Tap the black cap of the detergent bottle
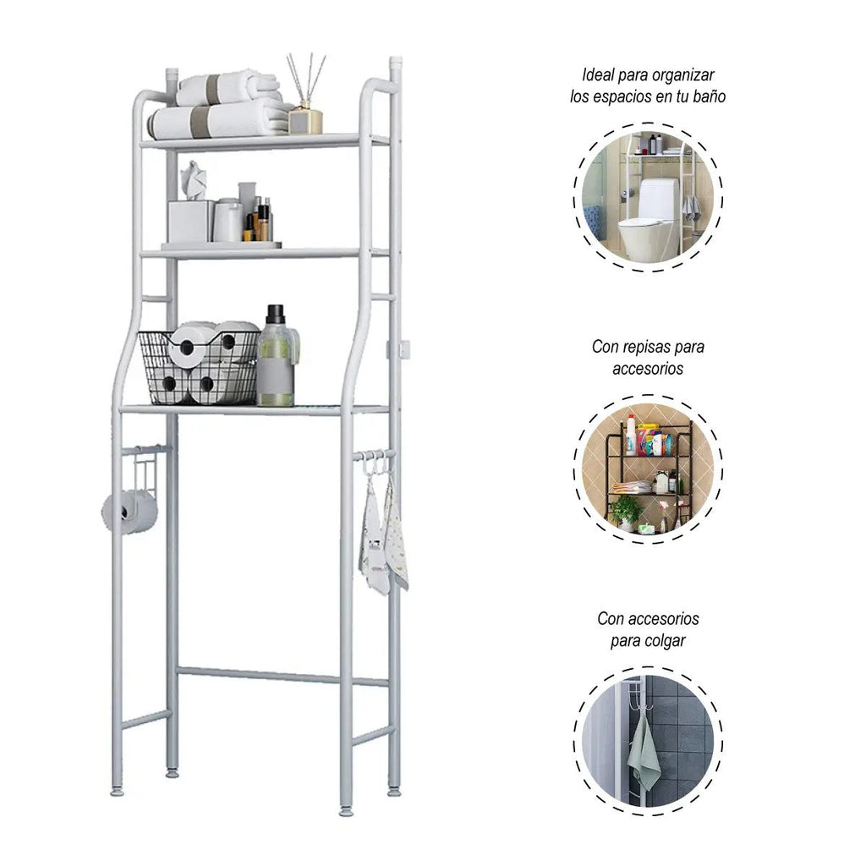pos(275,315)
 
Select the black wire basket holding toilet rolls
pos(199,367)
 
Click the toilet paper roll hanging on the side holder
pos(129,512)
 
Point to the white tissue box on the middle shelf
pos(190,221)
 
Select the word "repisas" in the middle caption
pos(647,347)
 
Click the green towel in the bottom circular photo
pos(644,752)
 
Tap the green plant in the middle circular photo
pos(627,510)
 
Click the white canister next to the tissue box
pos(228,220)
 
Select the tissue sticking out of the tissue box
pos(194,180)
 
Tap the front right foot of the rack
pos(346,811)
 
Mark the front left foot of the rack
pos(118,791)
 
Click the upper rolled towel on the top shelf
pos(227,87)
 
